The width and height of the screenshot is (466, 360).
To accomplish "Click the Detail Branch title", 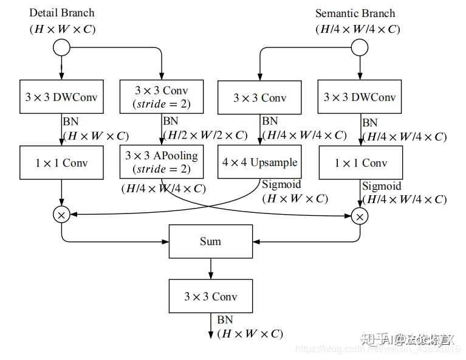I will pyautogui.click(x=62, y=13).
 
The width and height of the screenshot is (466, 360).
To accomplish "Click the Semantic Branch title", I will pyautogui.click(x=355, y=13).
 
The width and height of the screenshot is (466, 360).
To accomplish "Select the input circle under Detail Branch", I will pyautogui.click(x=62, y=47).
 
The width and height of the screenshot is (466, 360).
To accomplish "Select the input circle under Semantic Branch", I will pyautogui.click(x=360, y=47).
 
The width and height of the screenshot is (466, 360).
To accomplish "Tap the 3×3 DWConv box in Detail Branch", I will pyautogui.click(x=61, y=97).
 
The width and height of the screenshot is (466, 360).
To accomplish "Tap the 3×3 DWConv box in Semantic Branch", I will pyautogui.click(x=360, y=97).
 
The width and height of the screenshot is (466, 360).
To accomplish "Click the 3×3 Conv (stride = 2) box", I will pyautogui.click(x=162, y=97).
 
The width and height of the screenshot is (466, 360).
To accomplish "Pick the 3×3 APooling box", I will pyautogui.click(x=162, y=162).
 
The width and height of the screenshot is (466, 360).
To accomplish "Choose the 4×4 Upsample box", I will pyautogui.click(x=260, y=162).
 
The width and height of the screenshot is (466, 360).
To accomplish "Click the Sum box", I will pyautogui.click(x=210, y=241).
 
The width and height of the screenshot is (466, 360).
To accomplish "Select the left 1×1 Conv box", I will pyautogui.click(x=61, y=162).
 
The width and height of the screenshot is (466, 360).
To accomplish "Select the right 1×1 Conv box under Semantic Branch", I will pyautogui.click(x=360, y=162).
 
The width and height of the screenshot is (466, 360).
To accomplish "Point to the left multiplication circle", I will pyautogui.click(x=62, y=213).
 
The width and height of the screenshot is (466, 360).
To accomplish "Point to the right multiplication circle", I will pyautogui.click(x=360, y=215).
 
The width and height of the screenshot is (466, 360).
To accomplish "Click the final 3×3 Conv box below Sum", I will pyautogui.click(x=210, y=297).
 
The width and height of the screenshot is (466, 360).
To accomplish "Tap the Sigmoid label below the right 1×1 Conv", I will pyautogui.click(x=382, y=186).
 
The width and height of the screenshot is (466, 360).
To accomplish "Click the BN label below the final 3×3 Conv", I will pyautogui.click(x=225, y=320).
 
